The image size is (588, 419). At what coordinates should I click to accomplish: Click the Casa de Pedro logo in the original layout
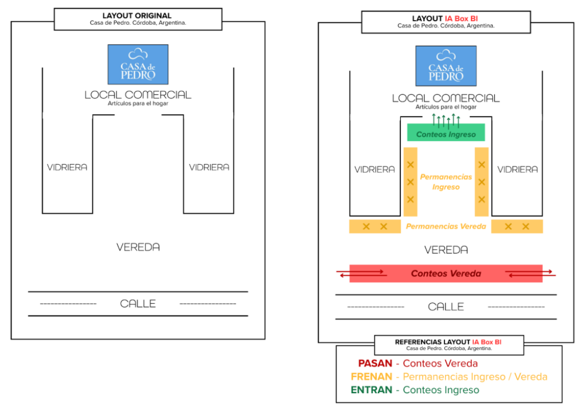(138, 64)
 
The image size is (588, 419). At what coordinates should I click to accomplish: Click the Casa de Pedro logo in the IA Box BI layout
(446, 65)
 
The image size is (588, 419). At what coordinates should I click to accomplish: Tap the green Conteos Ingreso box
(446, 134)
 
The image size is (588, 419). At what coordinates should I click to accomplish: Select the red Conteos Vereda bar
(446, 274)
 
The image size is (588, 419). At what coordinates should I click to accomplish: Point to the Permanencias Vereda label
(446, 226)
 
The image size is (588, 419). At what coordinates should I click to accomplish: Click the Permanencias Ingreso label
(446, 182)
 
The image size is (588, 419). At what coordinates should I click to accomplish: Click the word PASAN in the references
(375, 363)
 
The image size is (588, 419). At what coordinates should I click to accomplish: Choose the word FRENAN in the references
(371, 377)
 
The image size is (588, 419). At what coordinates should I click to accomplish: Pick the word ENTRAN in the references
(372, 390)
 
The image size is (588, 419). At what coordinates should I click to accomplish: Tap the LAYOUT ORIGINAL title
(137, 15)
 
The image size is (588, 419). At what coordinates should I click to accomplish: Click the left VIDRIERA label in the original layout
(67, 167)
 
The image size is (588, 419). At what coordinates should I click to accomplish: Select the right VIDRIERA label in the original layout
(209, 167)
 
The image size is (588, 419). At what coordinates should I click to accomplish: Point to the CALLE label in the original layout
(138, 304)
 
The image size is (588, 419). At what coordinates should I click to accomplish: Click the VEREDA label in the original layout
(138, 247)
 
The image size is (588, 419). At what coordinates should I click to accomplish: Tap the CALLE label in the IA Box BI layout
(446, 307)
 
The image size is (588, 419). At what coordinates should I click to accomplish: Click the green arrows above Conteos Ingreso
(446, 120)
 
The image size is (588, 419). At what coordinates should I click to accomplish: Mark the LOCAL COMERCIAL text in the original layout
(138, 95)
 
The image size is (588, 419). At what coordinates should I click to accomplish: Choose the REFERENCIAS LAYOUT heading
(448, 342)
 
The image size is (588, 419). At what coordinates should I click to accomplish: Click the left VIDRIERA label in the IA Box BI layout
(374, 169)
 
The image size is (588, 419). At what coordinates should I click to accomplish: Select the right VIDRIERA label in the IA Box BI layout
(517, 169)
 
